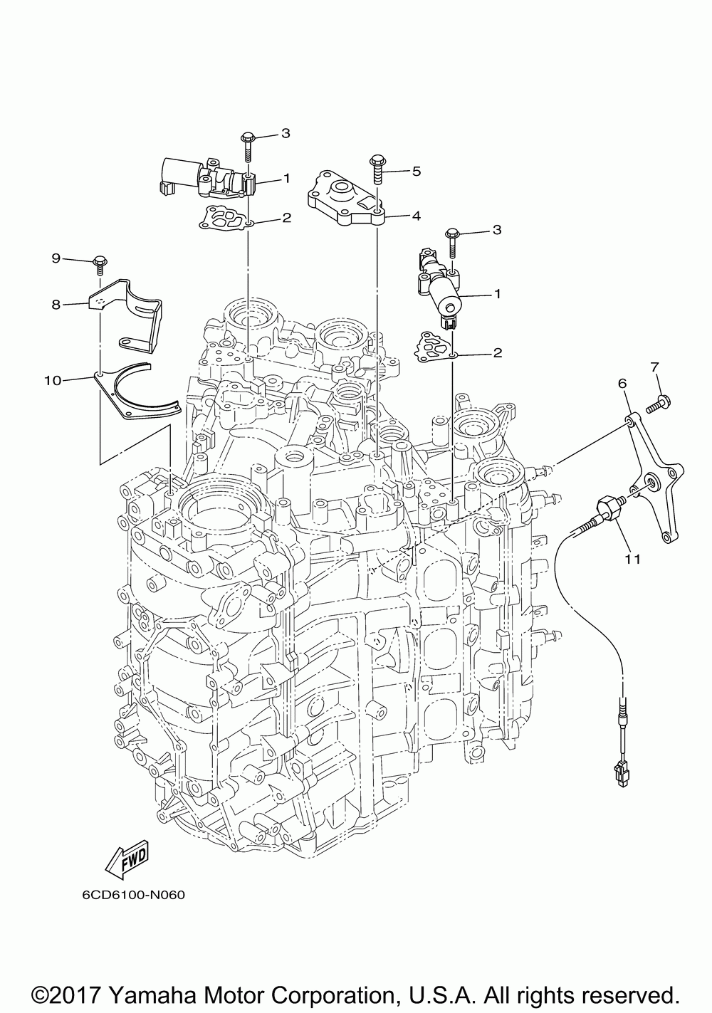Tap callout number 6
pos(622,384)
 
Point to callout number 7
pos(655,367)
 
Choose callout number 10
pos(51,380)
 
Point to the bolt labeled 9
pos(99,264)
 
